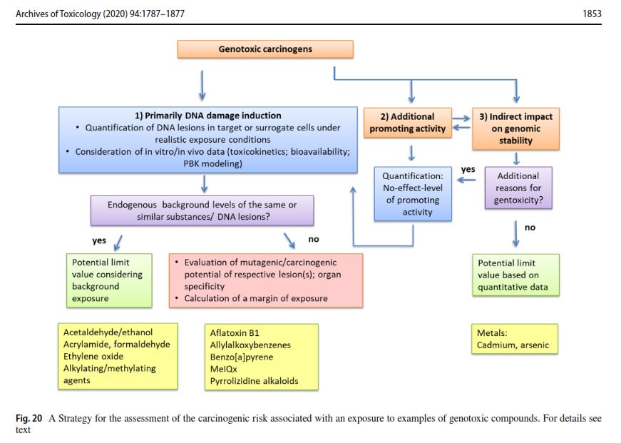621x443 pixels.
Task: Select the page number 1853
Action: click(x=592, y=13)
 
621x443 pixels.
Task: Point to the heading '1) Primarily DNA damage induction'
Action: click(x=208, y=115)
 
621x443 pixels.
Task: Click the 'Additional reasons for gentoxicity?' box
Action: click(x=518, y=188)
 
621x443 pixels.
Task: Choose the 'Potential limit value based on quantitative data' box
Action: click(x=515, y=275)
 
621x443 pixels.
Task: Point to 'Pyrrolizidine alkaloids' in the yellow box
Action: click(x=254, y=381)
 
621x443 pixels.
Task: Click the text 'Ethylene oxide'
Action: click(x=93, y=356)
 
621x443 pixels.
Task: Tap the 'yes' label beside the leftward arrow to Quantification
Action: click(x=468, y=170)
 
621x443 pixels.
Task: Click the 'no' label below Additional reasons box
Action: click(x=529, y=228)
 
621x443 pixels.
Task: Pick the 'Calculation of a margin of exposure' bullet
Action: click(x=256, y=298)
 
